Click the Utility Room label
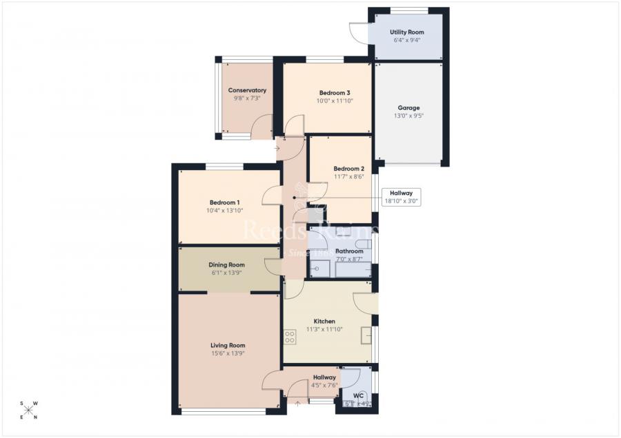406,32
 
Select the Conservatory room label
247,90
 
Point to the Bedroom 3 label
334,93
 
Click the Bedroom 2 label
348,169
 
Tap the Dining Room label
227,265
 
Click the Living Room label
228,346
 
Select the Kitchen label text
324,322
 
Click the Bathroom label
349,251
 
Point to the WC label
358,395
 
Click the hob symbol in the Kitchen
290,337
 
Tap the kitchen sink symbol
366,336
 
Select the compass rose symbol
29,410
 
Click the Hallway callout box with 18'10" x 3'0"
401,197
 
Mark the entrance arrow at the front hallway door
297,404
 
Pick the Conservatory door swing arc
262,127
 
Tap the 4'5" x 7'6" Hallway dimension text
324,386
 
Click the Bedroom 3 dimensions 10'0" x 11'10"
334,101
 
